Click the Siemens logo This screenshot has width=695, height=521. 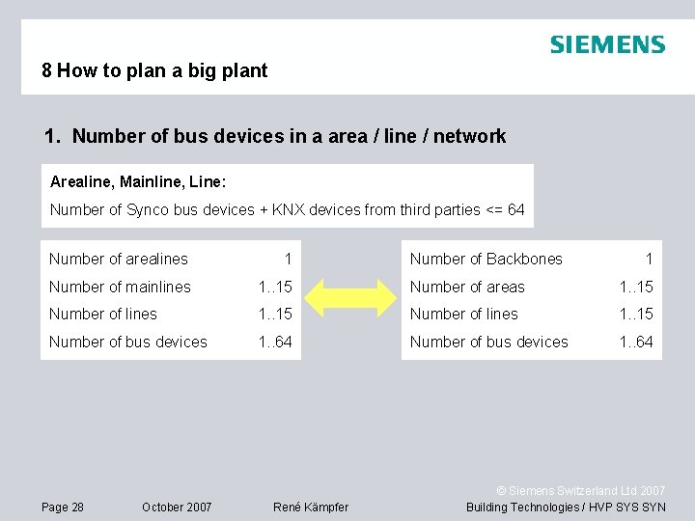(x=607, y=44)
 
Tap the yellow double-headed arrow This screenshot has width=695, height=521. (x=351, y=300)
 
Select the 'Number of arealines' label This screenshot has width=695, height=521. (x=119, y=259)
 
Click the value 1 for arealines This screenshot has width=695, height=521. (x=288, y=259)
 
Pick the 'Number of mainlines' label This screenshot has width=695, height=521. (x=120, y=287)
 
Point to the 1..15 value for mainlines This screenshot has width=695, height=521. (x=275, y=287)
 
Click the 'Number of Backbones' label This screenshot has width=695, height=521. (x=486, y=259)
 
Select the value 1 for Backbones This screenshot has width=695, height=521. (x=649, y=259)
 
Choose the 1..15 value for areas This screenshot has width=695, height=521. (x=636, y=287)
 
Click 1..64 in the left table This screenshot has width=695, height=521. (x=275, y=342)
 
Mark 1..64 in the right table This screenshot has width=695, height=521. (x=636, y=342)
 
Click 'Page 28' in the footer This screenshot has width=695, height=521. (x=63, y=507)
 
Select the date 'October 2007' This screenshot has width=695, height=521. (x=177, y=507)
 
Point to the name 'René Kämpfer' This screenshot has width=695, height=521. (x=311, y=507)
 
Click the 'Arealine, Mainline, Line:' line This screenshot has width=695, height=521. (x=138, y=181)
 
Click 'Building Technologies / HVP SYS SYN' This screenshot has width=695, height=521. (x=566, y=507)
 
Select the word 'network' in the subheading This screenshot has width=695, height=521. (x=469, y=136)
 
